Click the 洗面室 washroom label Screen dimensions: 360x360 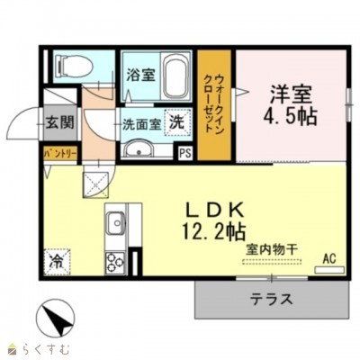click(x=141, y=124)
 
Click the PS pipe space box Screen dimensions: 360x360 click(x=185, y=153)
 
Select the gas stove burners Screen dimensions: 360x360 click(x=115, y=262)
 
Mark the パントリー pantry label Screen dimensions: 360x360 click(x=60, y=155)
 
